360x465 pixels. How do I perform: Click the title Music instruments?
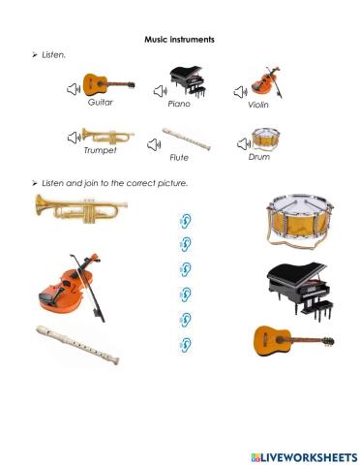click(179, 39)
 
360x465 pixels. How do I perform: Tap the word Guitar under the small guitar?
click(102, 101)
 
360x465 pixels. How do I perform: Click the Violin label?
click(257, 105)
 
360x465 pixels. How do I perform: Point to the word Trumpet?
click(100, 150)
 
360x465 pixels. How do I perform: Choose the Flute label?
click(179, 156)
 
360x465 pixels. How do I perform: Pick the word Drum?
click(258, 155)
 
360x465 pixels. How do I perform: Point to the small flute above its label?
click(187, 138)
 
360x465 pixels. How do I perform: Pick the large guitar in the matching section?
click(292, 340)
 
